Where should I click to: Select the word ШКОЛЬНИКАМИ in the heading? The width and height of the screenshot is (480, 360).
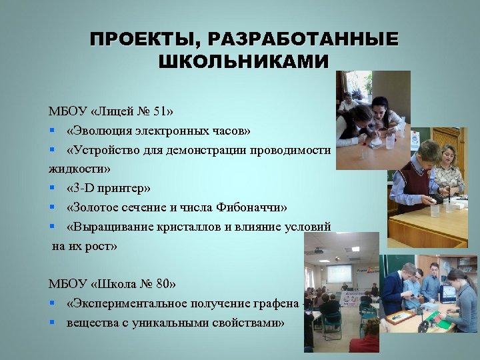243,62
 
